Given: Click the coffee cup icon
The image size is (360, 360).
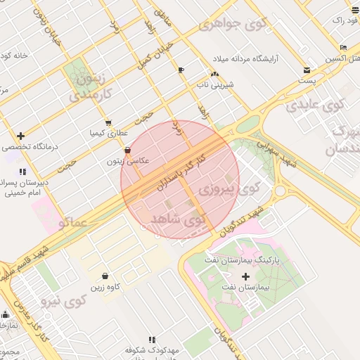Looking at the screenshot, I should coord(181,70).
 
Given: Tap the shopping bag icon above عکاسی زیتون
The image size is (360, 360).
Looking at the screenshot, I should coord(127,150).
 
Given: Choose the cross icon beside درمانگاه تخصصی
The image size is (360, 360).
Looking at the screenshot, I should coord(21,136).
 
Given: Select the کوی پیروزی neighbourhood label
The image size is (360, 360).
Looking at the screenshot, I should coord(229,188).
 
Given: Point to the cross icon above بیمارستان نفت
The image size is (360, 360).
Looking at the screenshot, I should coord(245,276).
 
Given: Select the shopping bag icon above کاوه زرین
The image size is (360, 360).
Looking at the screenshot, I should coord(105,276).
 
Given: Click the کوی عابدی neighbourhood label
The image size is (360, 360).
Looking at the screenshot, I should coord(315,105).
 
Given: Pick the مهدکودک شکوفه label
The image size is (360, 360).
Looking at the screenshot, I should coord(153,349).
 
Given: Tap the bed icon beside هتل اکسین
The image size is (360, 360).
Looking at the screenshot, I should coord(343,46).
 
